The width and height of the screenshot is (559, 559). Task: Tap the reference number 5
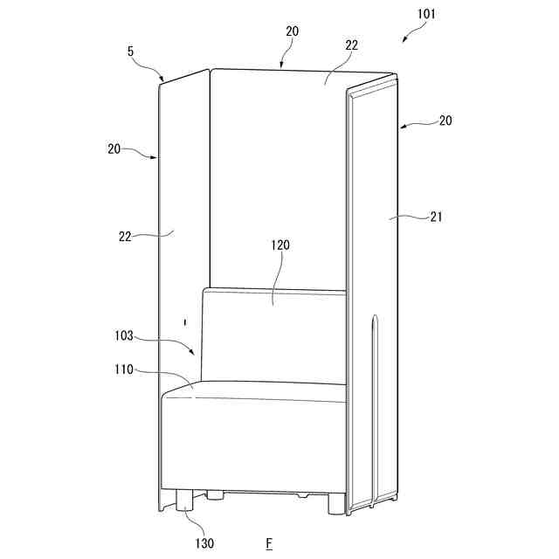(x=131, y=52)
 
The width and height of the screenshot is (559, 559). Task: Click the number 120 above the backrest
(x=279, y=245)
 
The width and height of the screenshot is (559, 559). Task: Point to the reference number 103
(x=125, y=334)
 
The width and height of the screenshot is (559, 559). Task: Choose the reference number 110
(x=123, y=369)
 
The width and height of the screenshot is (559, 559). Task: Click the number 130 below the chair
(x=204, y=543)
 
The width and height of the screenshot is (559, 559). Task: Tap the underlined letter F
(x=269, y=543)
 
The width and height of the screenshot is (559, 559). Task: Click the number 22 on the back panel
(x=351, y=45)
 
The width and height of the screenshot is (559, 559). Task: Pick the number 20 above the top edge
(x=292, y=31)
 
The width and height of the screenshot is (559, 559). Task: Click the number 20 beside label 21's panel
(x=445, y=121)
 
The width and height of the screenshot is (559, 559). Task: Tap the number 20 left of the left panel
(x=114, y=149)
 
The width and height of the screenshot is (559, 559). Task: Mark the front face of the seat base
(x=253, y=445)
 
